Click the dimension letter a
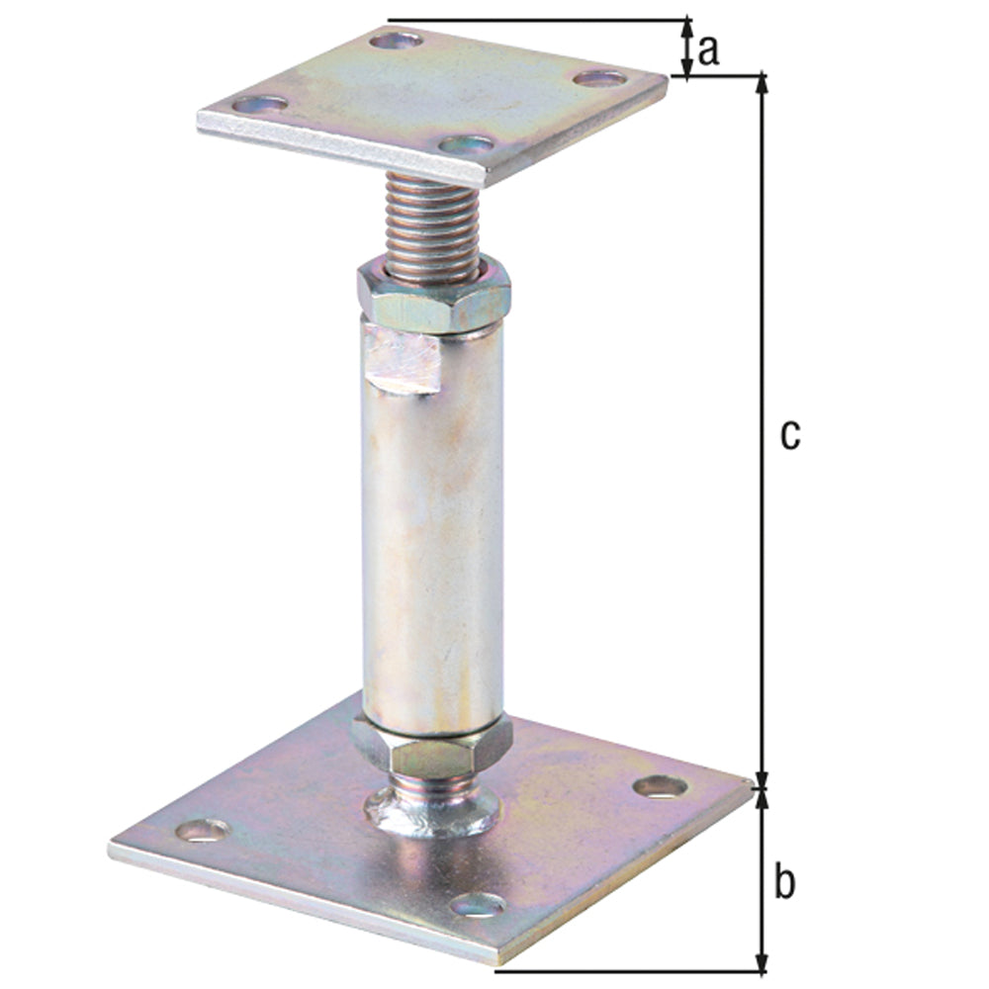708,49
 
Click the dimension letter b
784,883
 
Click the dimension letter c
788,435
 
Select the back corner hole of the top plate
396,41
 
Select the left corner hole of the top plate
260,104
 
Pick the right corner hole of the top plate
600,78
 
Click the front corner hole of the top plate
466,145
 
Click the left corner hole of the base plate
202,830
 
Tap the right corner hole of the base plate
660,787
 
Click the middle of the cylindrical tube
433,534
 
